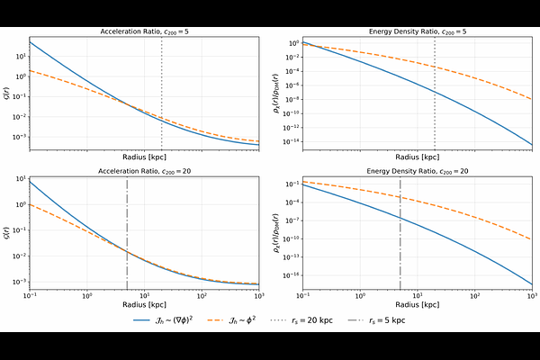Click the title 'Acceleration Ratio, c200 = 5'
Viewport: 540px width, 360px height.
[144, 31]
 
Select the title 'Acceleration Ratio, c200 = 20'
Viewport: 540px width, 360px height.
[144, 170]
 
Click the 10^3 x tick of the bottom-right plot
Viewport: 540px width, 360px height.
[531, 295]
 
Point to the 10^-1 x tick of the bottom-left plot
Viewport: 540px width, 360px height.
[30, 295]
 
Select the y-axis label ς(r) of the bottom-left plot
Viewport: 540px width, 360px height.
[7, 231]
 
